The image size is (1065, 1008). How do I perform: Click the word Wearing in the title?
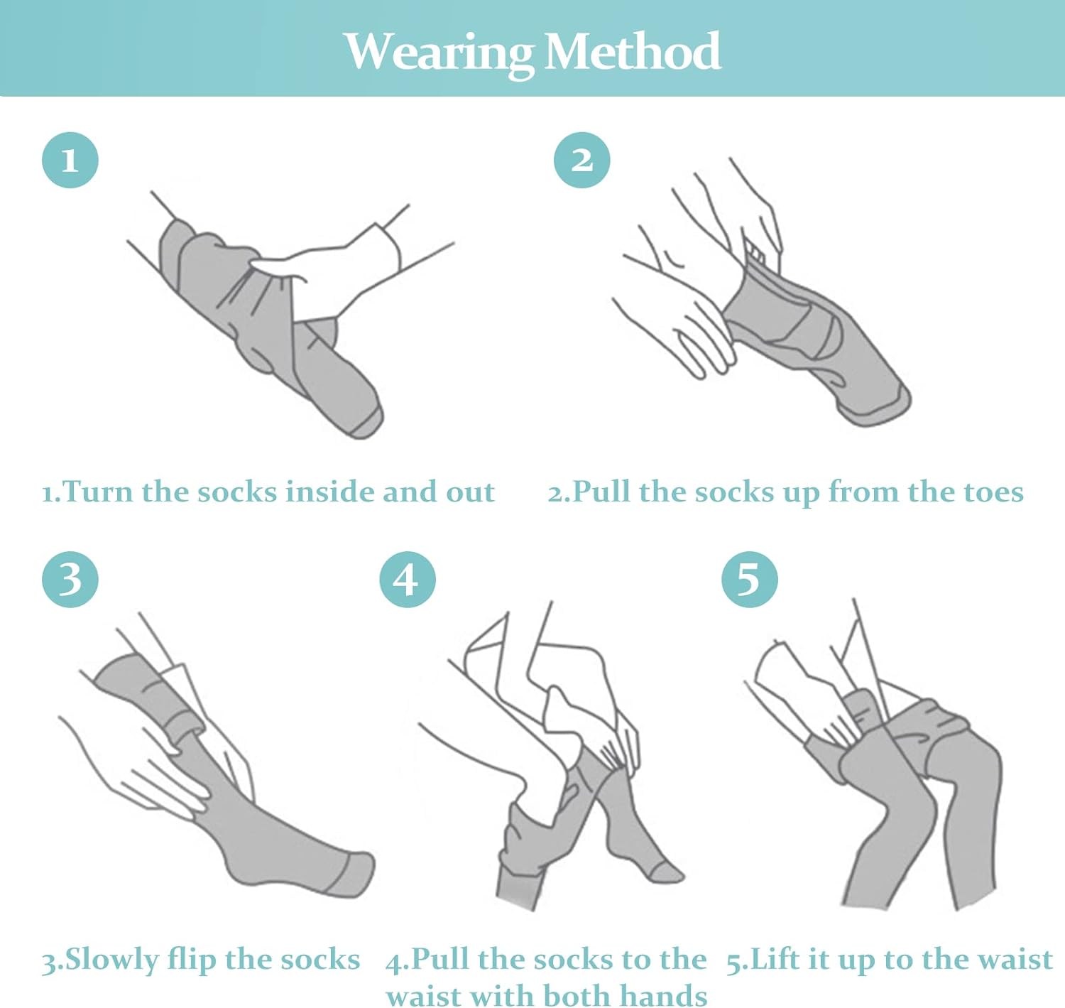tap(438, 52)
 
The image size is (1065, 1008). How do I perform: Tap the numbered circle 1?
tap(70, 160)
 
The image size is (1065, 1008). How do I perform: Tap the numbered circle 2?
tap(581, 160)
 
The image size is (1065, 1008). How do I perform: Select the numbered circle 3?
tap(70, 579)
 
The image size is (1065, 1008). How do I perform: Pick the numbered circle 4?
tap(408, 579)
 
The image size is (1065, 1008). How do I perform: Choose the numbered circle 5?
tap(750, 579)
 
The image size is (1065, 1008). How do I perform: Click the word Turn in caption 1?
tap(98, 492)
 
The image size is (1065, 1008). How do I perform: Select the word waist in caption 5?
tap(1016, 960)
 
